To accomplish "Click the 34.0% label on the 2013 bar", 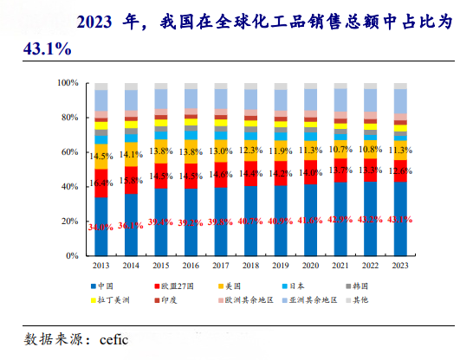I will point(101,228).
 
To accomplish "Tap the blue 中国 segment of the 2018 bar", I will point(250,234).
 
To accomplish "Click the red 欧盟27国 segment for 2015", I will point(161,176).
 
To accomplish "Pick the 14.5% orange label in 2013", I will point(101,157).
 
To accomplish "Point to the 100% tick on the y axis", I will point(68,83).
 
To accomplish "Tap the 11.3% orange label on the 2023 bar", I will point(400,150).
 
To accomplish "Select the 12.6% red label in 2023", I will point(400,170).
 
